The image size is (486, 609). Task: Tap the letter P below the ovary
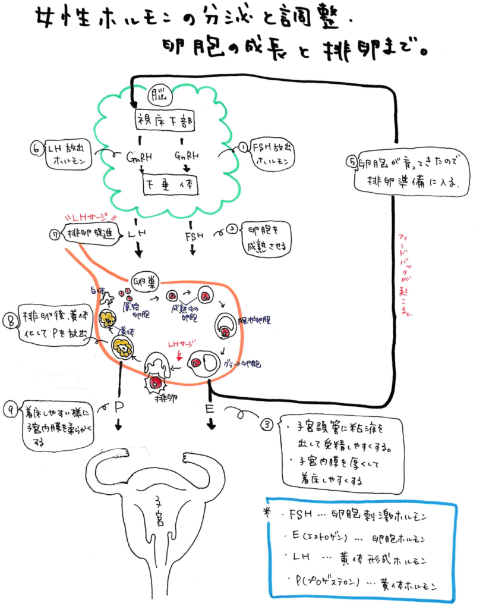point(119,408)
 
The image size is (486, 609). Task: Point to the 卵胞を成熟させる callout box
point(266,237)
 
